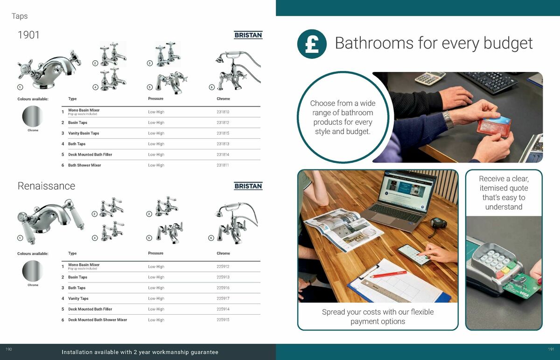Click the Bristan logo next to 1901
point(248,35)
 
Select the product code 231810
point(223,112)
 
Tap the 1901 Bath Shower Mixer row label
point(84,165)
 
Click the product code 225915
point(223,320)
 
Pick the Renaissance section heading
point(46,186)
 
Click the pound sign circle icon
point(312,44)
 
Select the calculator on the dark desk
point(429,78)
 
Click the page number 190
point(8,349)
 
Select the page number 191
point(551,349)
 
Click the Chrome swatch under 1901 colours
point(33,115)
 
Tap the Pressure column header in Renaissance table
point(155,254)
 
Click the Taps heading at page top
point(20,16)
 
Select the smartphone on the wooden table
point(414,255)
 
